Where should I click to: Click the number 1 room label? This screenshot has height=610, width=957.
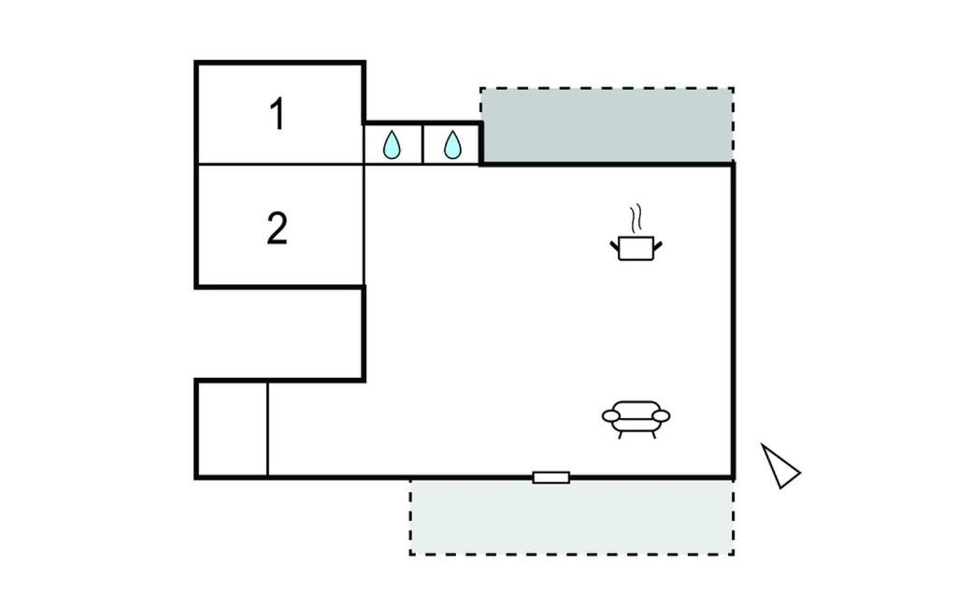click(277, 114)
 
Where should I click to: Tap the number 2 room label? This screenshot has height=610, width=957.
click(277, 228)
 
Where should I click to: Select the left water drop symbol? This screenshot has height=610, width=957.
click(393, 144)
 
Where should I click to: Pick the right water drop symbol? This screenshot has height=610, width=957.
click(452, 144)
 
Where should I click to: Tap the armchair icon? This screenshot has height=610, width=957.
click(636, 418)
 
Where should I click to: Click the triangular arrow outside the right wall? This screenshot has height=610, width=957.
click(778, 466)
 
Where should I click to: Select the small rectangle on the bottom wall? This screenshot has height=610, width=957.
click(551, 478)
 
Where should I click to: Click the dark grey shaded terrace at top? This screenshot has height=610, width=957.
click(607, 126)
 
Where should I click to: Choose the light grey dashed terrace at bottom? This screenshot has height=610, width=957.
click(571, 517)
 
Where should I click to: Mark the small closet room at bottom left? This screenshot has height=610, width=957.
click(232, 429)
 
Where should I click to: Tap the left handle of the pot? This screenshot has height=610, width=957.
click(615, 246)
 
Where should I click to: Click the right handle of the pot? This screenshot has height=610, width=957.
click(658, 246)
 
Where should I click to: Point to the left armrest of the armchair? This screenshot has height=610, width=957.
click(610, 414)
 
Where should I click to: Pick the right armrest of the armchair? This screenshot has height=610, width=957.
click(663, 414)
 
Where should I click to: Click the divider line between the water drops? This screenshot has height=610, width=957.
click(422, 144)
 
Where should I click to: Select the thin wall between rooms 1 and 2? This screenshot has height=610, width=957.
click(279, 165)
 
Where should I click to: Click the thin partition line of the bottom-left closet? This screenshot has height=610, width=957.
click(268, 429)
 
